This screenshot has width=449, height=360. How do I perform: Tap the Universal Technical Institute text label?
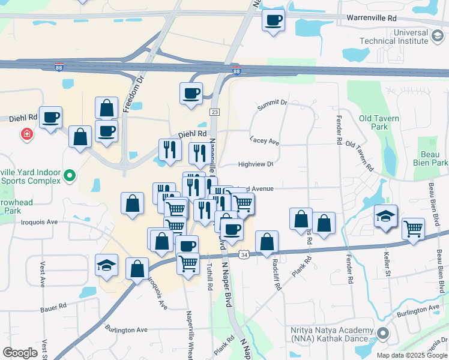click(394, 37)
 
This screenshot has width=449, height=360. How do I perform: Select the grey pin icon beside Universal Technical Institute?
click(439, 38)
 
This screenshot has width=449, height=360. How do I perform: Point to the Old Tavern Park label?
click(379, 122)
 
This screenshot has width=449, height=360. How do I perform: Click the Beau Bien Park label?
click(431, 158)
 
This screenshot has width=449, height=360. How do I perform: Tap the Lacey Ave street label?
click(265, 141)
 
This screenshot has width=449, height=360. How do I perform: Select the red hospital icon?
click(26, 134)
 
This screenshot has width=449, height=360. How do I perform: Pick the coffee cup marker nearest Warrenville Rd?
click(273, 20)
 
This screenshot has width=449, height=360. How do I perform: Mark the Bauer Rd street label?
click(53, 308)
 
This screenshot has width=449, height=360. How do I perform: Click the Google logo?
click(20, 353)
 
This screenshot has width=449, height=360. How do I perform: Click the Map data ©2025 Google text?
click(411, 355)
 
